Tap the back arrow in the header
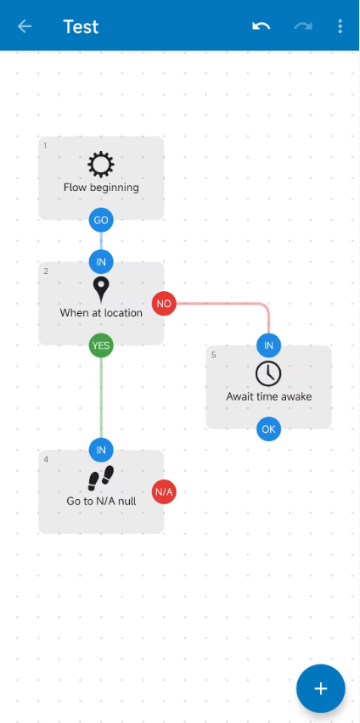pos(25,26)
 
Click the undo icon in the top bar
pos(262,25)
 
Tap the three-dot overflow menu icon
pos(340,26)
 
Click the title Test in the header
pos(81,27)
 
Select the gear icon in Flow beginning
pos(101,165)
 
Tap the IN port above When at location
pos(101,262)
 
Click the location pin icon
pos(101,290)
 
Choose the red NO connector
pos(164,304)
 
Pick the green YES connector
pos(101,345)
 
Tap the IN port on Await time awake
pos(268,345)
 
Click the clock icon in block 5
pos(268,373)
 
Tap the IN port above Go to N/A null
pos(101,450)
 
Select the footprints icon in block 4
pos(101,478)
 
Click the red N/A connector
pos(164,492)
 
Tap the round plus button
pos(321,688)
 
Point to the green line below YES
pos(101,397)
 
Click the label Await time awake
pos(268,396)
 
